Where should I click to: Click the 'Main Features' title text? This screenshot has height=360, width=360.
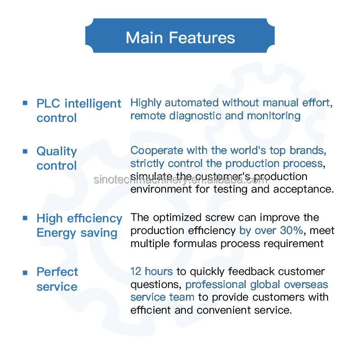(x=180, y=37)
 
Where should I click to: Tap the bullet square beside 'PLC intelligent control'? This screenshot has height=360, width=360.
(x=25, y=103)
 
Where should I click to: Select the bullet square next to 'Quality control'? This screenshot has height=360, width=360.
(x=25, y=151)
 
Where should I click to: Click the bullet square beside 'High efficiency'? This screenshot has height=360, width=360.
(x=25, y=218)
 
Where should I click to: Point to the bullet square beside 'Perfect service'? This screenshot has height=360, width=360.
(x=25, y=272)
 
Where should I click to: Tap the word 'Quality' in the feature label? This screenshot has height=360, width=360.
(x=57, y=152)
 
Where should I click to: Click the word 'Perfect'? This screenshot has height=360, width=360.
(x=57, y=272)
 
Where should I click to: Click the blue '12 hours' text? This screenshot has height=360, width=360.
(x=152, y=271)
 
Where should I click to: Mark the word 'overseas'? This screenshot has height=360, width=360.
(x=307, y=284)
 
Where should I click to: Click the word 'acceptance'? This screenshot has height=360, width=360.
(x=308, y=189)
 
